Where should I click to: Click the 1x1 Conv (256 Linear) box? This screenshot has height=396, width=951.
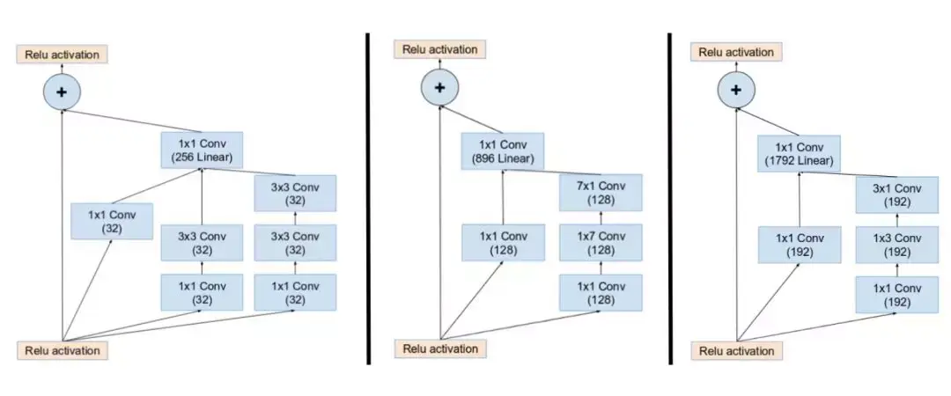click(x=201, y=150)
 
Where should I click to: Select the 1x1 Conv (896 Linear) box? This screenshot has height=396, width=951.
click(x=502, y=151)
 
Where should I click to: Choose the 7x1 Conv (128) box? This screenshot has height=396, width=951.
click(x=601, y=193)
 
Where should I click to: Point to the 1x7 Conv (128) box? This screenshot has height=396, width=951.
click(x=601, y=243)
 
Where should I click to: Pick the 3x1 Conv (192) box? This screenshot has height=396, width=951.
click(x=896, y=194)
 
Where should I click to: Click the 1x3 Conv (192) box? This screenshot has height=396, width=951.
click(x=896, y=244)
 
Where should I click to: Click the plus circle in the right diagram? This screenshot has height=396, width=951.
click(x=736, y=88)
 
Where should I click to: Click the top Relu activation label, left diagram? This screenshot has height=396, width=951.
click(x=62, y=54)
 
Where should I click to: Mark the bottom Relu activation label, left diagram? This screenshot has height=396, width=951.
click(x=62, y=350)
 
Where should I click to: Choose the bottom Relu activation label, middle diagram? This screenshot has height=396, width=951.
click(x=440, y=348)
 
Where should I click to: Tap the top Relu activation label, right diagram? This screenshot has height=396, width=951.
click(x=736, y=52)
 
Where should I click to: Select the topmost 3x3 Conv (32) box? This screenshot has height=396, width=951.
click(x=295, y=193)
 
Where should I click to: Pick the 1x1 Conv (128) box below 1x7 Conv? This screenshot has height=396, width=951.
click(x=601, y=292)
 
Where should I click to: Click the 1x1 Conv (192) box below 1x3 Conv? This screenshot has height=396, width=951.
click(x=896, y=293)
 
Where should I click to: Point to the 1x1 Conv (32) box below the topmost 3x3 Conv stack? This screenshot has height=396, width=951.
click(x=295, y=292)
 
